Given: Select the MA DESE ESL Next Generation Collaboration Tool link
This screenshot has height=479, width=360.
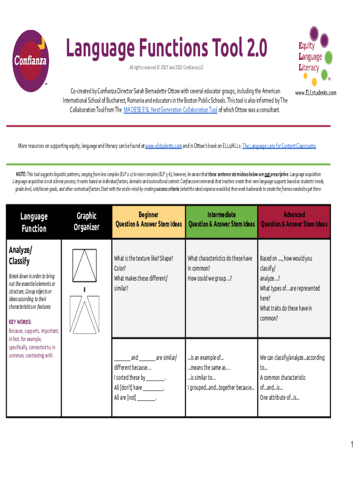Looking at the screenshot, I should [170, 110].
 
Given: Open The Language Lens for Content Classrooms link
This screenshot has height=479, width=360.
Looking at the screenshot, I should [279, 146].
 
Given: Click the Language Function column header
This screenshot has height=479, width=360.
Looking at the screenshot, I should [33, 222].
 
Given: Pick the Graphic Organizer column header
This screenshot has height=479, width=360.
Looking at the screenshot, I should [86, 221].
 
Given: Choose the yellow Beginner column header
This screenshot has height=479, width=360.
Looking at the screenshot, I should [148, 219].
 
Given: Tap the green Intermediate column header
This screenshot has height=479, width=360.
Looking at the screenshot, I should [221, 219].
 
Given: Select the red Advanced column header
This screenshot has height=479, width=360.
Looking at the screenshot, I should [294, 219].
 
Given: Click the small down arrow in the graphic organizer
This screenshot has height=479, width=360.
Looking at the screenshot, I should [85, 290].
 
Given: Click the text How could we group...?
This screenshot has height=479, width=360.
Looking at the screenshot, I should [209, 278].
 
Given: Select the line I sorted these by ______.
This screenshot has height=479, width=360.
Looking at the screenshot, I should [140, 377].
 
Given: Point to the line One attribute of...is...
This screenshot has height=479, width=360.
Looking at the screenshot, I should [280, 398].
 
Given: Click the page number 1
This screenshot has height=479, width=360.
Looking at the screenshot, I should [352, 445].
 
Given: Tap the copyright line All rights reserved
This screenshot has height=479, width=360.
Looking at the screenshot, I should [166, 68].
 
